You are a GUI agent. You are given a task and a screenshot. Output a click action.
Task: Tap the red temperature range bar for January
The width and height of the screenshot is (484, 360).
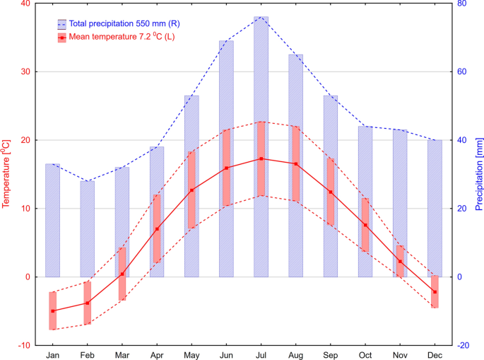[x=52, y=310]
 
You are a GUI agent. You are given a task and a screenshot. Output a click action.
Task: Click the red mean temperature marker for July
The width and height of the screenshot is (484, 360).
[x=261, y=158]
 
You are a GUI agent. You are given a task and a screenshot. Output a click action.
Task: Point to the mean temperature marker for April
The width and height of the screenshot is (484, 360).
[x=157, y=229]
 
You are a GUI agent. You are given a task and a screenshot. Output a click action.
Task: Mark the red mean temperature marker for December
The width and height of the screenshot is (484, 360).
[x=435, y=292]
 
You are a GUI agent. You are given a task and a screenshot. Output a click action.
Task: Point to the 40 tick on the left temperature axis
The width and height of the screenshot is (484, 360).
[x=25, y=4]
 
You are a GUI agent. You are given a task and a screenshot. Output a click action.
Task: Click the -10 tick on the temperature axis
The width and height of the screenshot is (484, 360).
[x=24, y=345]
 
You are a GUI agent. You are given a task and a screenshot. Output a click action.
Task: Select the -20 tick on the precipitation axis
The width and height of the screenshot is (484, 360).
[x=464, y=345]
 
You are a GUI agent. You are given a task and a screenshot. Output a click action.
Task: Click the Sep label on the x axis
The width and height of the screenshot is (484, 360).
[x=330, y=354]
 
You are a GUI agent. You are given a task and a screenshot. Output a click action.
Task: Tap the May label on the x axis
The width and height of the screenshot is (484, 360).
[x=191, y=354]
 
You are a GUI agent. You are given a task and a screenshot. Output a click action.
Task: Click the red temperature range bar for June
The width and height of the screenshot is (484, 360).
[x=226, y=168]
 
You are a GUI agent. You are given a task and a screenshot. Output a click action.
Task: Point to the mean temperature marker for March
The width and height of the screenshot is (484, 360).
[x=122, y=274]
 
